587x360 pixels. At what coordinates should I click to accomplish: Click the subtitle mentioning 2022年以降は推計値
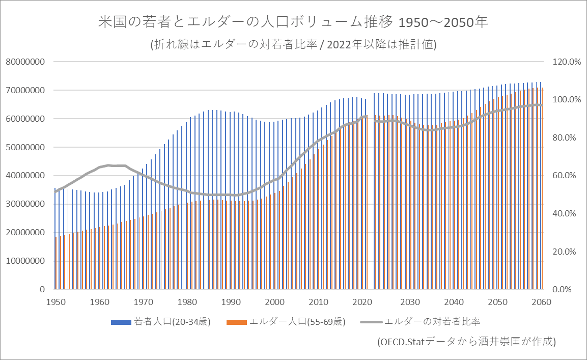click(293, 44)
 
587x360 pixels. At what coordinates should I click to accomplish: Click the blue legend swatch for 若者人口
click(120, 322)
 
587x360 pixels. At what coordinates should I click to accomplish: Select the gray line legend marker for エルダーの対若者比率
click(371, 322)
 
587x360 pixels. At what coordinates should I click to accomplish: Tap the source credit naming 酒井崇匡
click(466, 341)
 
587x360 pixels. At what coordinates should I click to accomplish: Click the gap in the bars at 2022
click(370, 204)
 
